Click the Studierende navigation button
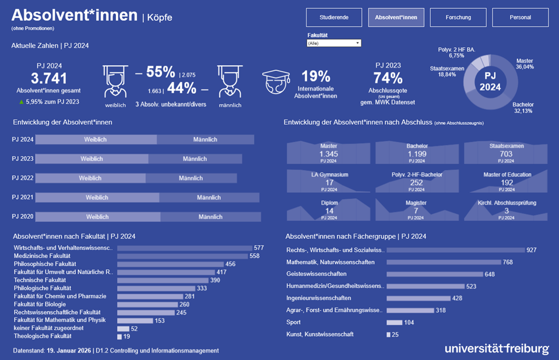click(335, 17)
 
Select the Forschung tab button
click(458, 17)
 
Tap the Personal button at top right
click(520, 17)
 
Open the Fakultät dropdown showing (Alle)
click(334, 43)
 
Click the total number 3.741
click(49, 79)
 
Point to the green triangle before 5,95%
click(22, 101)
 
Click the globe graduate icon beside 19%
click(276, 82)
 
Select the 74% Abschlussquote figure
click(388, 78)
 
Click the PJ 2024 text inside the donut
click(490, 82)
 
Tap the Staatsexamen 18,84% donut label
click(447, 72)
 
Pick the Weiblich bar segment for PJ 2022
click(90, 178)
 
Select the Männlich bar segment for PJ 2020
click(210, 217)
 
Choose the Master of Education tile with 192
click(507, 181)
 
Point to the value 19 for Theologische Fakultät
click(126, 336)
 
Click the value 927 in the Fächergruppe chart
click(531, 250)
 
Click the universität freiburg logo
click(496, 348)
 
